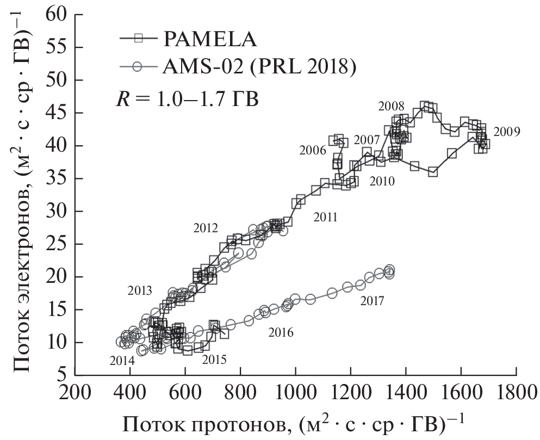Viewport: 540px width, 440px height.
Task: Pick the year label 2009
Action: (507, 132)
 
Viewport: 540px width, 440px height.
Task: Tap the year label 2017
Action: (372, 300)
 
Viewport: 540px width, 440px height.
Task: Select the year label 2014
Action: (122, 360)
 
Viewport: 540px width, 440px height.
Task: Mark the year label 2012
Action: (206, 228)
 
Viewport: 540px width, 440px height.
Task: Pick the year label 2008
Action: (390, 106)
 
